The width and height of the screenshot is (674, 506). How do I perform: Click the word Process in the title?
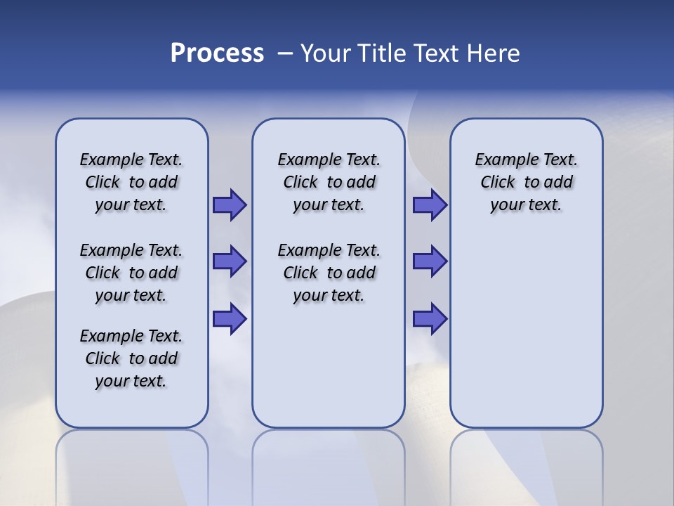coord(217,53)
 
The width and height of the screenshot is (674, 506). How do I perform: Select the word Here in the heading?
coord(494,53)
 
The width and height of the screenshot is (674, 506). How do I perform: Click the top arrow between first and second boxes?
coord(229,205)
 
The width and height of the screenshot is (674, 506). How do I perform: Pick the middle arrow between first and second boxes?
coord(229,261)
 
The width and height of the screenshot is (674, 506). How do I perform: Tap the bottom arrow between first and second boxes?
coord(229,318)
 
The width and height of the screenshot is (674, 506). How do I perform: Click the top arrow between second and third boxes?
coord(429,205)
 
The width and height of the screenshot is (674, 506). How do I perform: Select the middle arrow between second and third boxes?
coord(429,261)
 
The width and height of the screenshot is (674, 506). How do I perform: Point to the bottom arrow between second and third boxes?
coord(429,318)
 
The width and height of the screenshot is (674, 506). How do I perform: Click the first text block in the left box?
coord(131,182)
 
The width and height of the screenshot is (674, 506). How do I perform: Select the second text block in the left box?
coord(131,273)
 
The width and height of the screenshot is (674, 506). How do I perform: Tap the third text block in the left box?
coord(131,358)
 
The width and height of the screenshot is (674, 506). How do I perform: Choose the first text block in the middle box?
coord(329,182)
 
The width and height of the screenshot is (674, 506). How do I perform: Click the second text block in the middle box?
coord(329,273)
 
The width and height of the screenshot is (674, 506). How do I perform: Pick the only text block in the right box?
coord(526,182)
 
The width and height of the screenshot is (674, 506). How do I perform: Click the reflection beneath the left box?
coord(132,464)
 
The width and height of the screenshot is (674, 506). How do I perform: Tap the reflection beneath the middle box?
coord(329,464)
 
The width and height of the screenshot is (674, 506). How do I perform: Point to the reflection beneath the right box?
coord(526,464)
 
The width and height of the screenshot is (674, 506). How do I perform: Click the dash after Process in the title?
coord(286,53)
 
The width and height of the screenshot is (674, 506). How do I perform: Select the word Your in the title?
coord(326,53)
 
